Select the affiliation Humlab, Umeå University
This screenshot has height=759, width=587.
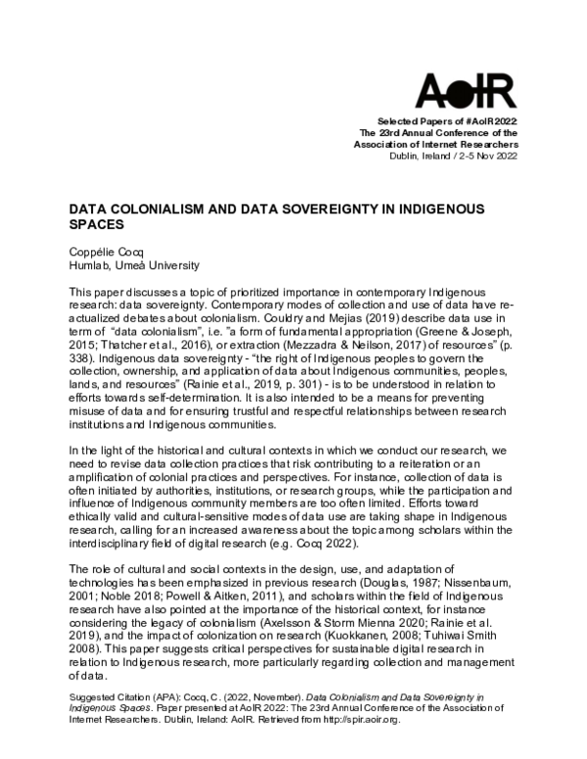click(120, 265)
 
